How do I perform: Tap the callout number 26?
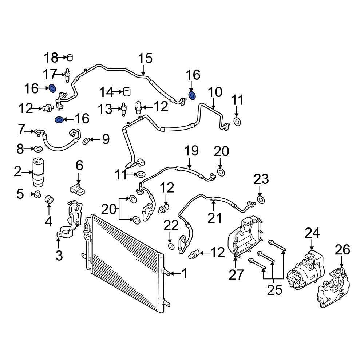(342, 250)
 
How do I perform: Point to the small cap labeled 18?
(70, 57)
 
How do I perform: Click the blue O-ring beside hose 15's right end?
(192, 96)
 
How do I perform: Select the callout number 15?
(145, 59)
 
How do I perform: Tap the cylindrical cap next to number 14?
(127, 91)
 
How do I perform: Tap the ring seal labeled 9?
(86, 141)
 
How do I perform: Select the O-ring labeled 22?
(171, 246)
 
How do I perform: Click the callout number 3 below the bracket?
(59, 256)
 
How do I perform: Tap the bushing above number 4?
(48, 199)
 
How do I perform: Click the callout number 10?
(215, 92)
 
